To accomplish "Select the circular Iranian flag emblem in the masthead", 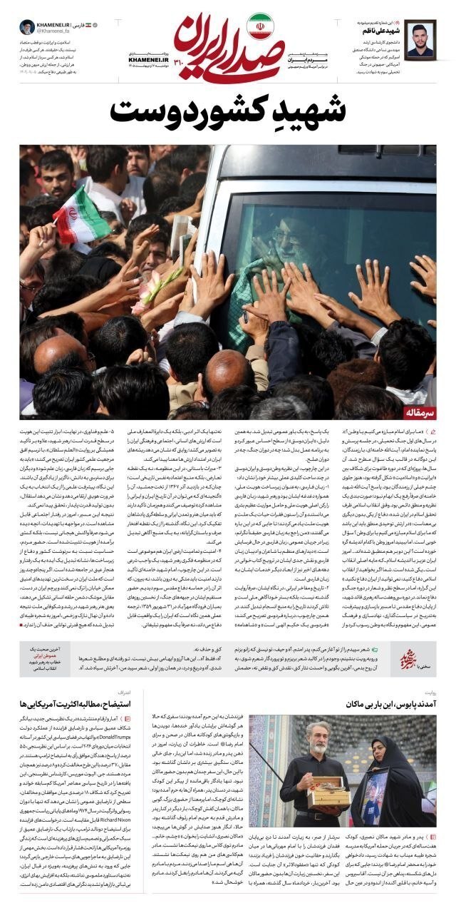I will [258, 26].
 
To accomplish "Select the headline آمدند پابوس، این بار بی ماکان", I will [388, 703].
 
